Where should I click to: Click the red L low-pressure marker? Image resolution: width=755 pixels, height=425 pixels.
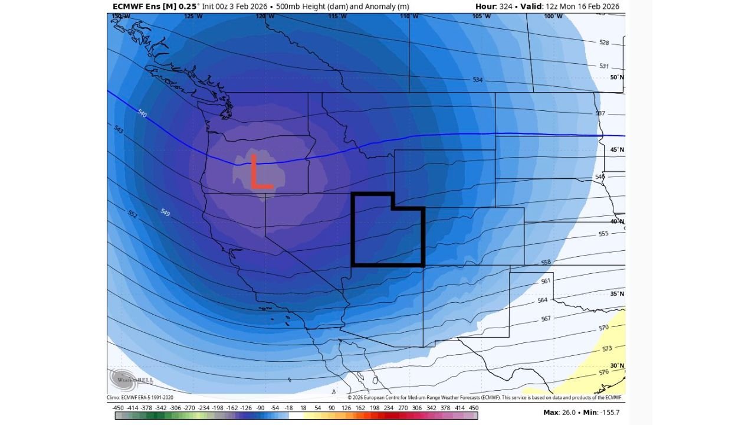[260, 172]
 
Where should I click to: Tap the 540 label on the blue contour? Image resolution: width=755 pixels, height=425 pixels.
[142, 113]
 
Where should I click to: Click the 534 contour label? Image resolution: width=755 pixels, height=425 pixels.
[477, 80]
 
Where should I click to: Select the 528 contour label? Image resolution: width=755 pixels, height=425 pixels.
[603, 42]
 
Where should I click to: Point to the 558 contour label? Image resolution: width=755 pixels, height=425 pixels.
[546, 262]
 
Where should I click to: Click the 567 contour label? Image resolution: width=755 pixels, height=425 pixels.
[546, 319]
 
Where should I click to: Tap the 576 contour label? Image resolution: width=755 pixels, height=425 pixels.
[603, 372]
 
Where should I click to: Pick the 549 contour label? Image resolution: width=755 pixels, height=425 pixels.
[165, 212]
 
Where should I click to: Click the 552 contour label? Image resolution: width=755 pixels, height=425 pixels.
[133, 214]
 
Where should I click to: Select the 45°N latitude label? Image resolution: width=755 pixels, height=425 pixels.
[617, 150]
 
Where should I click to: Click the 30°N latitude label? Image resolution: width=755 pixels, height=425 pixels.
[617, 366]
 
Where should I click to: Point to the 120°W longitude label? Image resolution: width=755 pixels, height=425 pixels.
[265, 17]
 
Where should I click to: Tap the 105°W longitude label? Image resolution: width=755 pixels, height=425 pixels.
[481, 17]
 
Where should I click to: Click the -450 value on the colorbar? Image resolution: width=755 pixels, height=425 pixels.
[119, 408]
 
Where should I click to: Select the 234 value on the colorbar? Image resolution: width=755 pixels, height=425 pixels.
[388, 408]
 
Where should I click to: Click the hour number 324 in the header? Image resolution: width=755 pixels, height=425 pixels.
[503, 6]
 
